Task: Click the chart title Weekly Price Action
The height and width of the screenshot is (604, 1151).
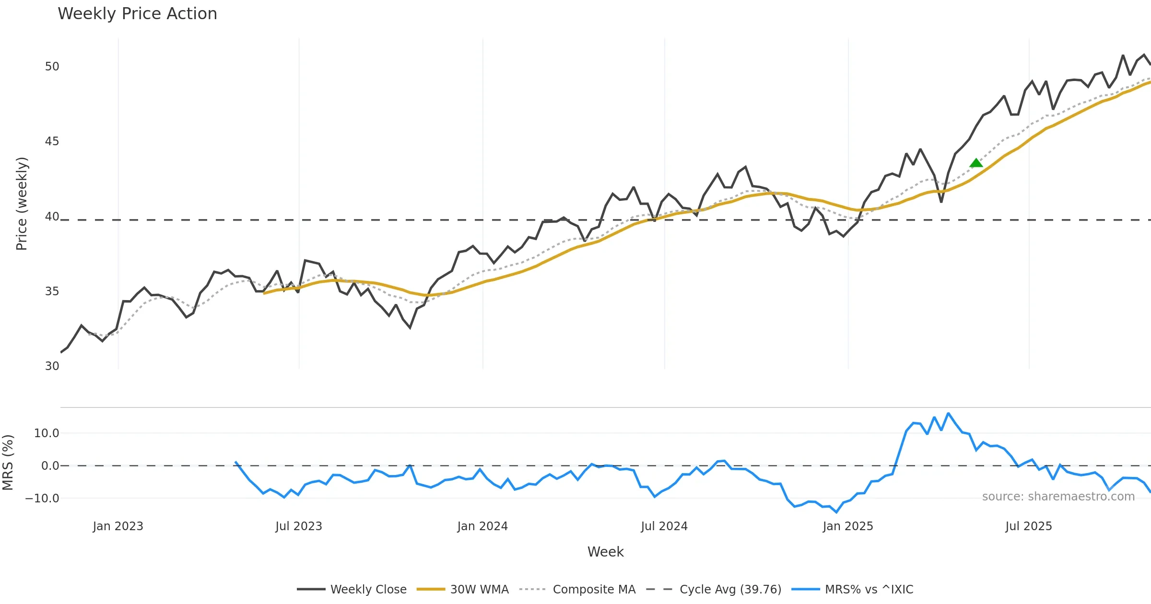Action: click(x=137, y=14)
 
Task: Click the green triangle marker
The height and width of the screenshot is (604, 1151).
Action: click(x=976, y=163)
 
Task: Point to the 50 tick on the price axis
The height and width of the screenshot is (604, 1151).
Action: click(x=52, y=67)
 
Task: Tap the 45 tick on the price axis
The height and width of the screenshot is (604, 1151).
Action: click(x=52, y=141)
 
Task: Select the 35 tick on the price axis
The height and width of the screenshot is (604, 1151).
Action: click(x=52, y=291)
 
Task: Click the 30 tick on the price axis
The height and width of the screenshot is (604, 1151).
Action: click(x=52, y=366)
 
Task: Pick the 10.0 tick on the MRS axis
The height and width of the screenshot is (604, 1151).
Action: click(x=47, y=433)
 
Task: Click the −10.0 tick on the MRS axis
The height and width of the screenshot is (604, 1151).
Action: click(x=42, y=499)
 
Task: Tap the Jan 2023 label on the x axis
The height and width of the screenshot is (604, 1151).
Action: click(x=118, y=526)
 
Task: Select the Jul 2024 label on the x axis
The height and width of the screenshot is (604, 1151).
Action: click(x=664, y=526)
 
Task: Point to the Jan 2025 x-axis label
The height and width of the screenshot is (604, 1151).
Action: click(x=848, y=526)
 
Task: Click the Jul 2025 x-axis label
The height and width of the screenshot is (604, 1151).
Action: click(x=1029, y=526)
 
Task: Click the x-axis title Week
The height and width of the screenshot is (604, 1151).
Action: click(x=605, y=552)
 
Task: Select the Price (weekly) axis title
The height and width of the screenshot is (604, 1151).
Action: click(x=22, y=204)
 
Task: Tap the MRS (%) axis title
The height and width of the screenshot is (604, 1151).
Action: click(x=8, y=463)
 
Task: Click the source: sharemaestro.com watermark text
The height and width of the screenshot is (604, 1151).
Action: click(x=1058, y=497)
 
